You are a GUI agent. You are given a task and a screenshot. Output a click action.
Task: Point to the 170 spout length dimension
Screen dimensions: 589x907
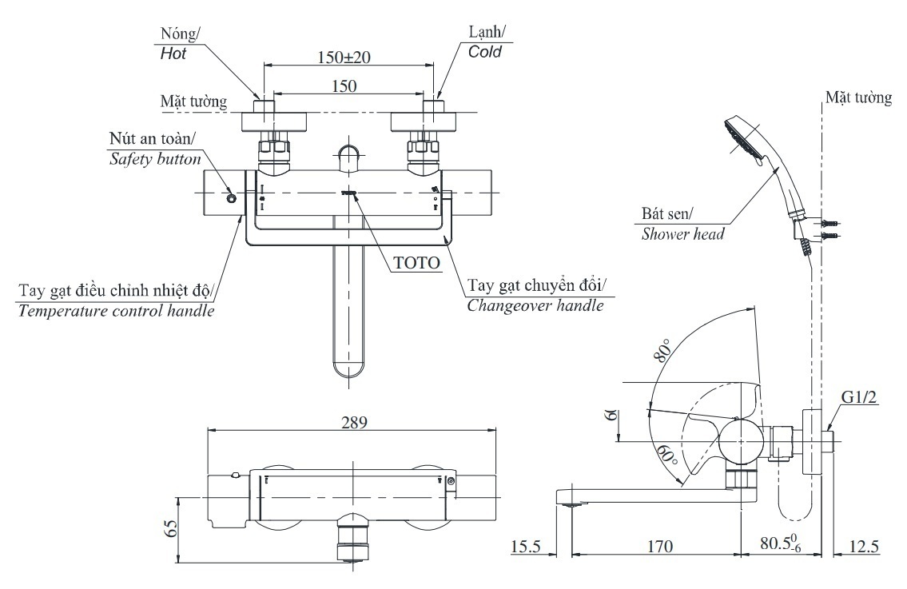click(660, 547)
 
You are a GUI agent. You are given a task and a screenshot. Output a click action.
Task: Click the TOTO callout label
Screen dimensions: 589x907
click(416, 262)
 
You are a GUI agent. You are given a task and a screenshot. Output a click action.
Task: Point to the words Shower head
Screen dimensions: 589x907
click(683, 234)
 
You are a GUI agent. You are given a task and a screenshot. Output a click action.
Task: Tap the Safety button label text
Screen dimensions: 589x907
click(154, 159)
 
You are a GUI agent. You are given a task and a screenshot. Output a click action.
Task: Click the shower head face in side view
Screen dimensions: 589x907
click(740, 137)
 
